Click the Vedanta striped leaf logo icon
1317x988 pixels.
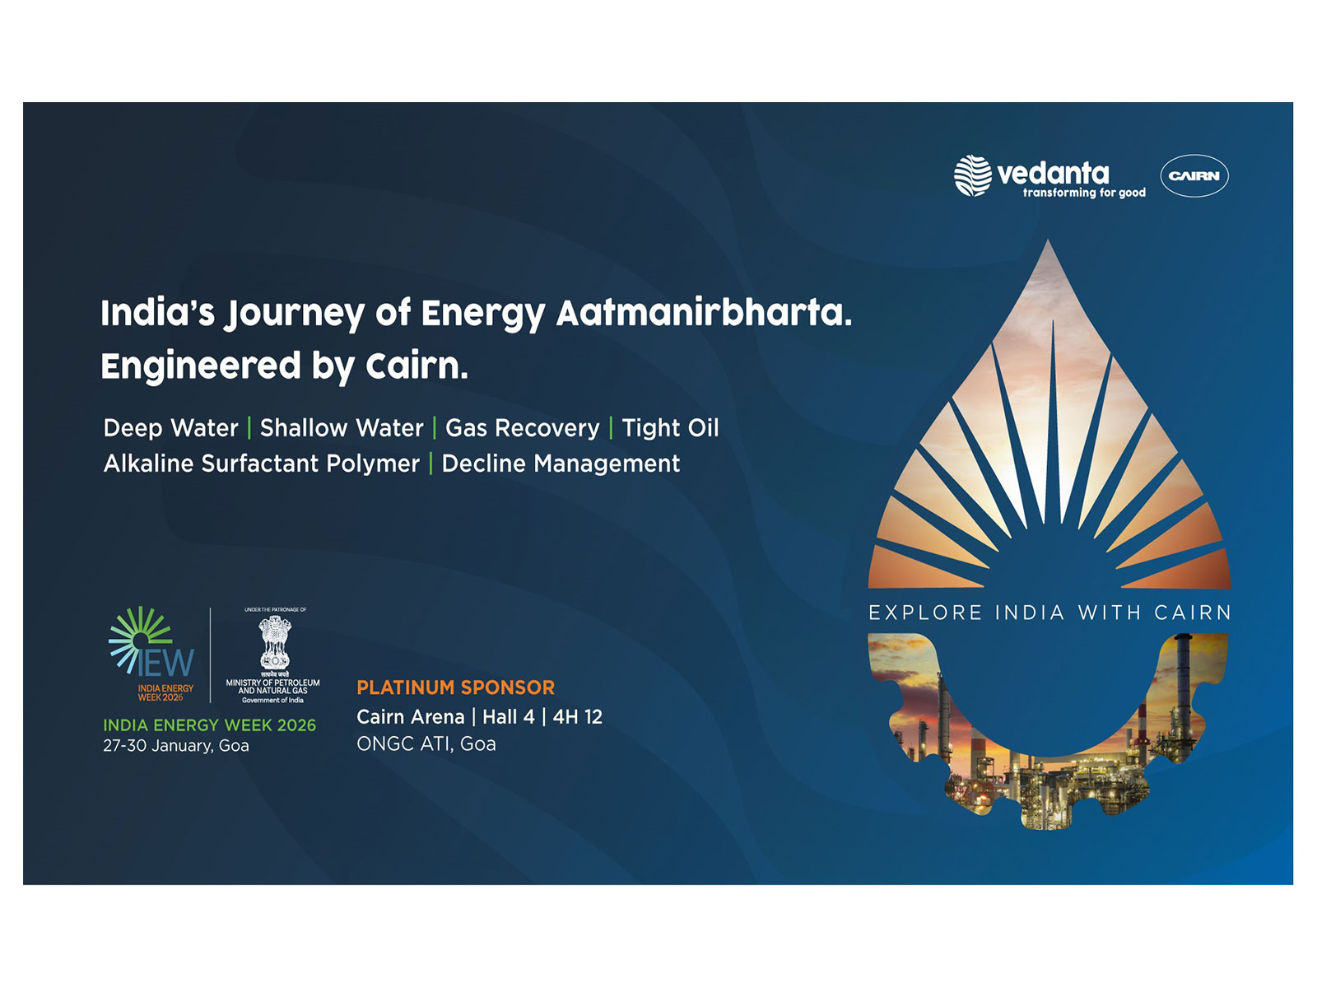click(x=972, y=175)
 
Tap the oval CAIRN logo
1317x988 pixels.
click(x=1194, y=176)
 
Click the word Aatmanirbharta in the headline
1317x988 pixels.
click(x=704, y=313)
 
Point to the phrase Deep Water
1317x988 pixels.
click(x=170, y=428)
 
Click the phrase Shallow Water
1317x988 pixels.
click(x=342, y=428)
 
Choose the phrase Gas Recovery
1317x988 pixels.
click(x=523, y=428)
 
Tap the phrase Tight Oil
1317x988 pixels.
click(x=670, y=428)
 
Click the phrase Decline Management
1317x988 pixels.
click(x=561, y=464)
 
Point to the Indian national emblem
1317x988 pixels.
click(x=275, y=642)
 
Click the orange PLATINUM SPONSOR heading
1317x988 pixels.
click(x=455, y=687)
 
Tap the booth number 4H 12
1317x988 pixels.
click(x=578, y=717)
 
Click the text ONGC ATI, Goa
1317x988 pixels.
click(x=426, y=744)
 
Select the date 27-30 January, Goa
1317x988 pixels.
click(x=175, y=746)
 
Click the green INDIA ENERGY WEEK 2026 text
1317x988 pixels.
click(x=209, y=725)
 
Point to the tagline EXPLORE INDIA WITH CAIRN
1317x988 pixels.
click(x=1049, y=613)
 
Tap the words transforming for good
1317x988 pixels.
click(x=1084, y=193)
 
